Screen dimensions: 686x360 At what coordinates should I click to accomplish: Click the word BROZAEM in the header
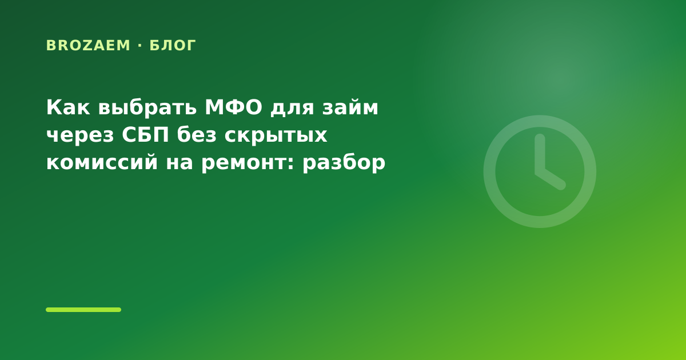[x=88, y=45]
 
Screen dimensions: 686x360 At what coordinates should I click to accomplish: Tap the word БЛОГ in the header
[x=173, y=46]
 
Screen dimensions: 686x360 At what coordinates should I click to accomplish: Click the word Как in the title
[x=68, y=107]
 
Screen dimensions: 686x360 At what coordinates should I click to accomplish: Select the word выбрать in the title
[x=147, y=107]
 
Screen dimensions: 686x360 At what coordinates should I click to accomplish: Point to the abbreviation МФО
[x=234, y=107]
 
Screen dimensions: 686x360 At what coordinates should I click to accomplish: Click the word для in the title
[x=292, y=109]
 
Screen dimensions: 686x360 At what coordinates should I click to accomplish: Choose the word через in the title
[x=80, y=136]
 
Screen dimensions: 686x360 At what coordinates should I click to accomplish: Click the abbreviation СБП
[x=145, y=135]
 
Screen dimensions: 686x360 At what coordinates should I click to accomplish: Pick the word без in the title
[x=197, y=134]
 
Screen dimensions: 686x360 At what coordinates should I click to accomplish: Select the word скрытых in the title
[x=276, y=136]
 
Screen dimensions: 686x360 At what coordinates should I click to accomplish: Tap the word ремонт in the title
[x=244, y=164]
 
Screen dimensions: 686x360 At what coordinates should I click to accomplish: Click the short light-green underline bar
[x=83, y=310]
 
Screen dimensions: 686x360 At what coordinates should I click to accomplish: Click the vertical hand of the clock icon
[x=540, y=154]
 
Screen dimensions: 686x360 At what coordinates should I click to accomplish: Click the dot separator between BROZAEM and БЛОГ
[x=140, y=46]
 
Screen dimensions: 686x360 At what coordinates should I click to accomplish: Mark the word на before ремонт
[x=180, y=164]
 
